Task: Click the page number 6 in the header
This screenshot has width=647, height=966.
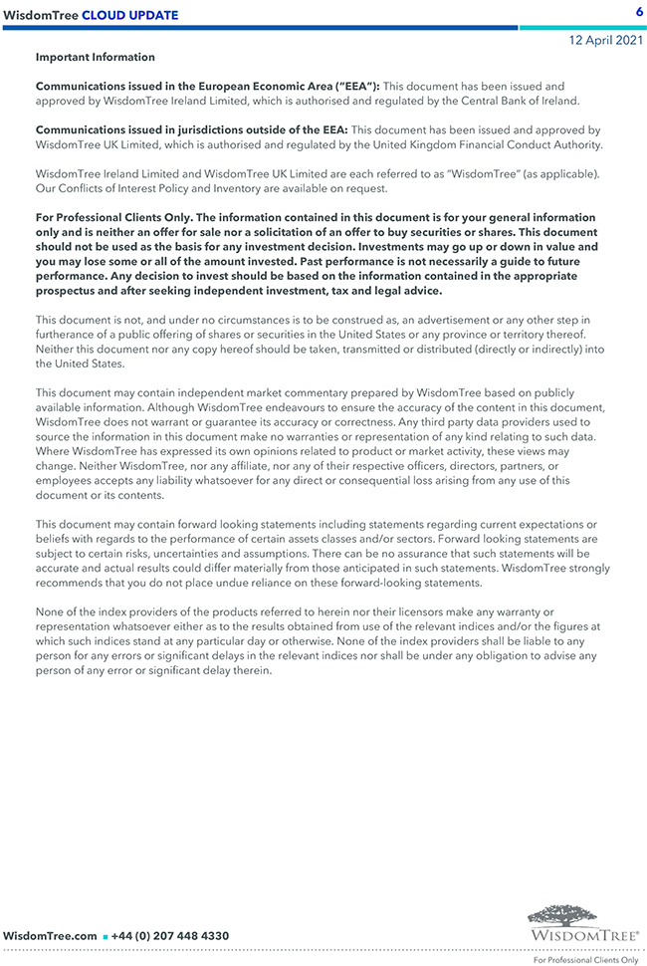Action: pos(638,11)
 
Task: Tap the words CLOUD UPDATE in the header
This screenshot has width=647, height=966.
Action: pos(129,15)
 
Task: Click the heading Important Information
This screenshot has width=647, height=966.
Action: pos(96,58)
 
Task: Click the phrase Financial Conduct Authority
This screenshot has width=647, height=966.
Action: pos(530,144)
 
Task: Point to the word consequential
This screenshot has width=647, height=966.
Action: pos(363,480)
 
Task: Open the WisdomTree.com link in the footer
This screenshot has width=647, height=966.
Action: pos(50,936)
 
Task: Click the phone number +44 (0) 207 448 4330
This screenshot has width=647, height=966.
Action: pos(170,936)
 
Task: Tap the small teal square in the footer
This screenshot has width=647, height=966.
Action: pos(105,937)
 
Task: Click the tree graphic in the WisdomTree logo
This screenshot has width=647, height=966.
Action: pos(582,915)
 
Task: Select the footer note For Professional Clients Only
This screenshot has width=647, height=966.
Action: pos(585,960)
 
